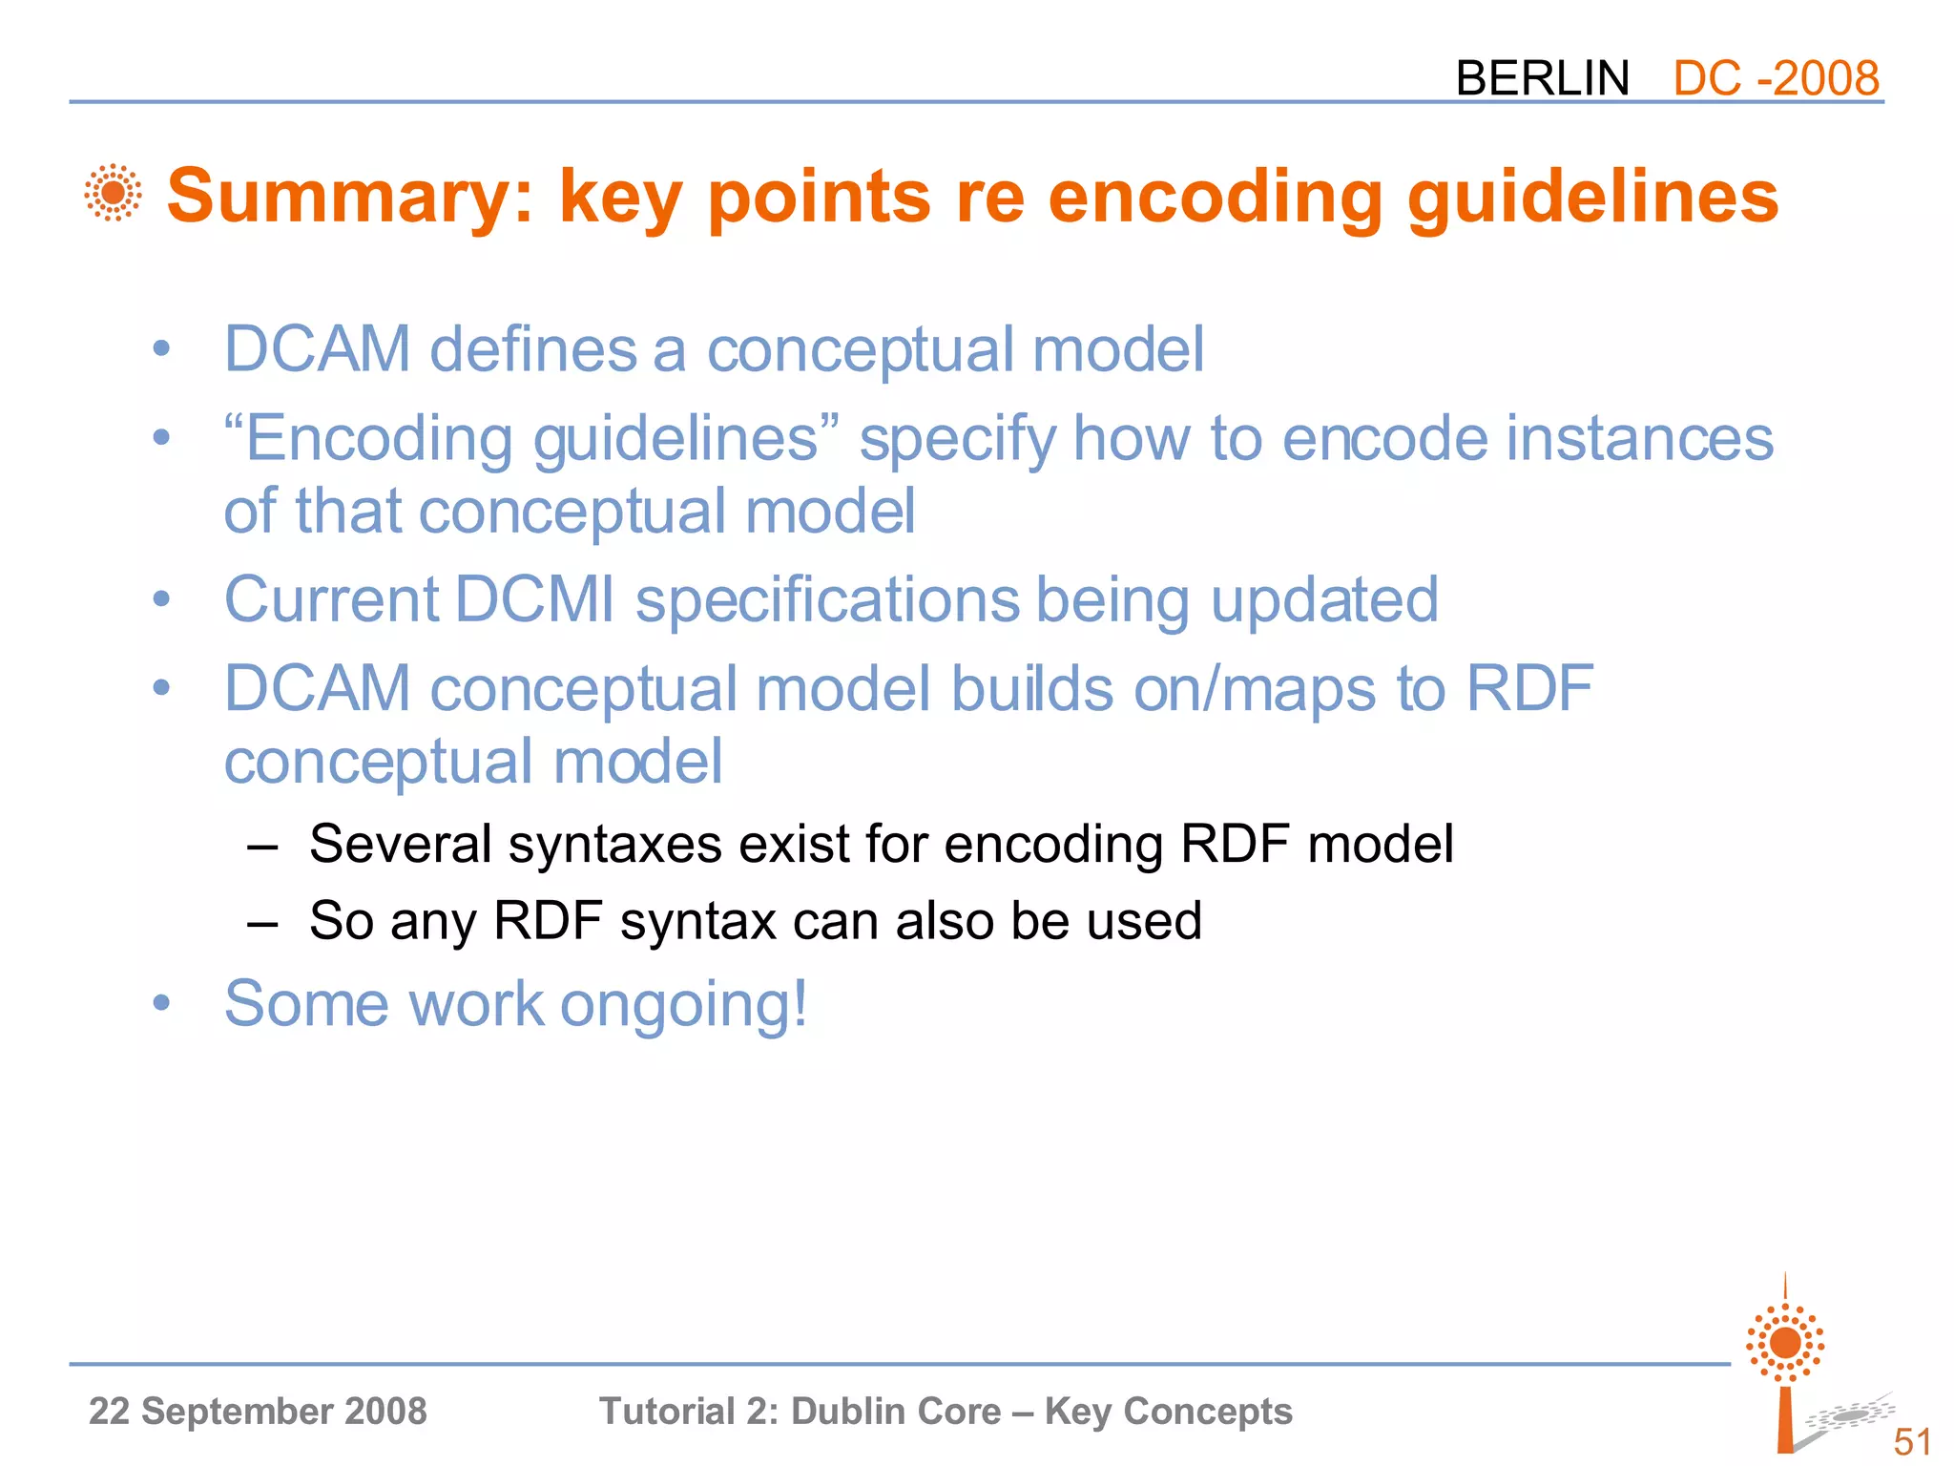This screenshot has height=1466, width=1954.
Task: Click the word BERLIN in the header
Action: (1542, 78)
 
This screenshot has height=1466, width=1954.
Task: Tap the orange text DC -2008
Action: (1776, 78)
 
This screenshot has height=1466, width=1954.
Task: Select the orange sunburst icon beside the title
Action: (113, 193)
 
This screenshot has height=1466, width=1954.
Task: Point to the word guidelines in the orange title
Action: (1592, 197)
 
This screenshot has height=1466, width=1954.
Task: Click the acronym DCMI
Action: (534, 600)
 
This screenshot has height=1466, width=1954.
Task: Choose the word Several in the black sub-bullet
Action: (401, 845)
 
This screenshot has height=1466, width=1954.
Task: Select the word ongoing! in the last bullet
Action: (683, 1006)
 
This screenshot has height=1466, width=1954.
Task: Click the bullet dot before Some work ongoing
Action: (161, 1003)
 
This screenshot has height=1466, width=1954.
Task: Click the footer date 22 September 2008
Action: (258, 1411)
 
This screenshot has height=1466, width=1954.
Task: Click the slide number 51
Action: (1912, 1441)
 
